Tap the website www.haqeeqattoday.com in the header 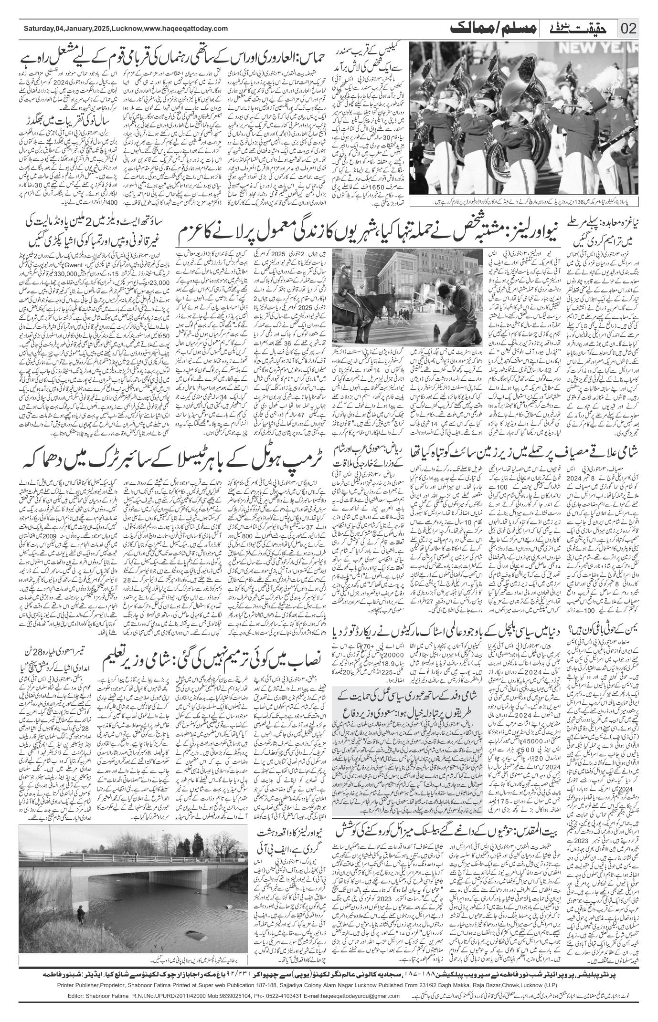(186, 30)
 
